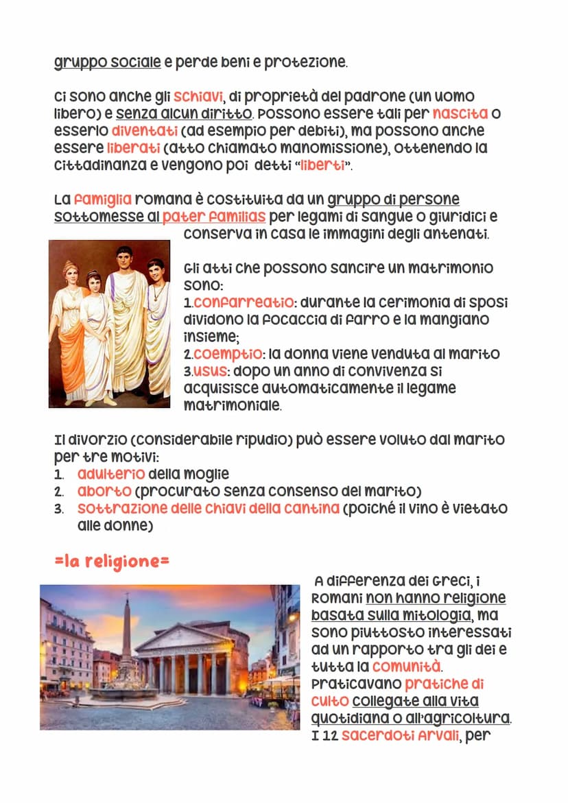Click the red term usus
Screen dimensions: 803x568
coord(209,371)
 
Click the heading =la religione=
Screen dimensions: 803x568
coord(112,561)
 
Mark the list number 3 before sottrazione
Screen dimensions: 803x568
coord(58,509)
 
